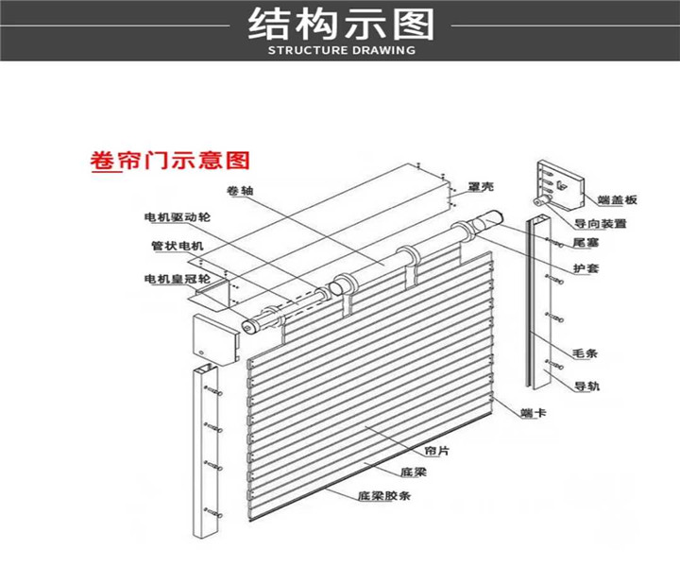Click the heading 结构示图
[340, 24]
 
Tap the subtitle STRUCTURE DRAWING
[341, 50]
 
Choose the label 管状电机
[177, 248]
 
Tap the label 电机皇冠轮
[177, 279]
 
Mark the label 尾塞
[585, 243]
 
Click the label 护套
[585, 269]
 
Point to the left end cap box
[214, 337]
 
